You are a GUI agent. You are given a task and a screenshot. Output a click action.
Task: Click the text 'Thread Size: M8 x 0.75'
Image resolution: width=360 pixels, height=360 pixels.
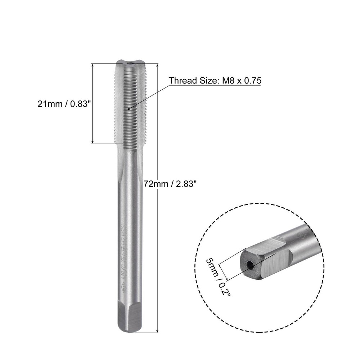click(215, 81)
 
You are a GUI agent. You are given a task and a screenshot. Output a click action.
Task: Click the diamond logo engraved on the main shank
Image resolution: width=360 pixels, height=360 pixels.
click(123, 287)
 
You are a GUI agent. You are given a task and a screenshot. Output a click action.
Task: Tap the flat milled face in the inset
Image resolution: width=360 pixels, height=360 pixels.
click(275, 265)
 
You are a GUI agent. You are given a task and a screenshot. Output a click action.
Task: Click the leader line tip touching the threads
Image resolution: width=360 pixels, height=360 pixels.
click(128, 108)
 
